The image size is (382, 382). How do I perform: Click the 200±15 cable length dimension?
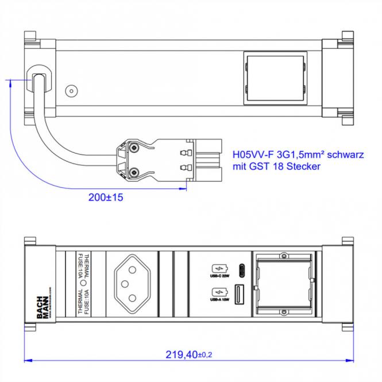click(106, 197)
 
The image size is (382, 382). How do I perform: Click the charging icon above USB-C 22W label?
click(219, 268)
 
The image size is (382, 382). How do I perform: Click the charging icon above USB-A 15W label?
click(219, 291)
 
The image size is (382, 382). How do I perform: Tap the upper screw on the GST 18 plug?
click(134, 148)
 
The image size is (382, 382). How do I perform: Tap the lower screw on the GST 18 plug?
click(134, 171)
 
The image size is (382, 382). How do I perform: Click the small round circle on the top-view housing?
click(71, 91)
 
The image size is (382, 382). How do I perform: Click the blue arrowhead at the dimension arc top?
click(10, 84)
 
